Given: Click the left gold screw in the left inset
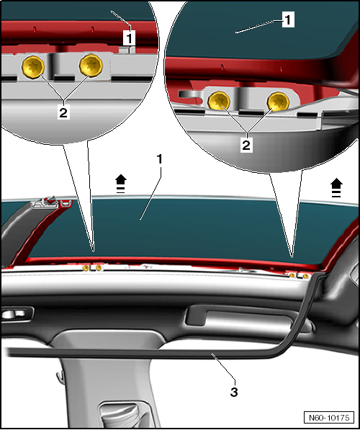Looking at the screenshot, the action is pyautogui.click(x=33, y=67).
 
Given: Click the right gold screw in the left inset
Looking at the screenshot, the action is pyautogui.click(x=91, y=66).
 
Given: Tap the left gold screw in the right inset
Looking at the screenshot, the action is pyautogui.click(x=219, y=101).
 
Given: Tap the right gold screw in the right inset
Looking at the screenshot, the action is pyautogui.click(x=279, y=102).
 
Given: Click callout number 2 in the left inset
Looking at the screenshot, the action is pyautogui.click(x=63, y=112).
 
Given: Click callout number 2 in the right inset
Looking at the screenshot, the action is pyautogui.click(x=246, y=145).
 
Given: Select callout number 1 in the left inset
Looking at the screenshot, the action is pyautogui.click(x=129, y=37).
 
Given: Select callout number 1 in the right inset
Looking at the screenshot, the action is pyautogui.click(x=288, y=19).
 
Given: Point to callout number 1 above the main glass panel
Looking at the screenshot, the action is pyautogui.click(x=160, y=160).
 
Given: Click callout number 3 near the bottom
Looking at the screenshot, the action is pyautogui.click(x=234, y=393).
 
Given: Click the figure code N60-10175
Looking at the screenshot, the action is pyautogui.click(x=329, y=418).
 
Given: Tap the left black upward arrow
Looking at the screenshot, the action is pyautogui.click(x=121, y=184).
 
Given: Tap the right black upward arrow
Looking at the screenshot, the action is pyautogui.click(x=336, y=188).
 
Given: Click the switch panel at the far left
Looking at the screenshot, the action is pyautogui.click(x=17, y=314).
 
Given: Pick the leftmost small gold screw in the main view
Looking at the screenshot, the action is pyautogui.click(x=86, y=268).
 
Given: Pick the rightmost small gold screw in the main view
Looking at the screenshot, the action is pyautogui.click(x=305, y=276).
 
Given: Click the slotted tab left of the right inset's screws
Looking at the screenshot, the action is pyautogui.click(x=189, y=94).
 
